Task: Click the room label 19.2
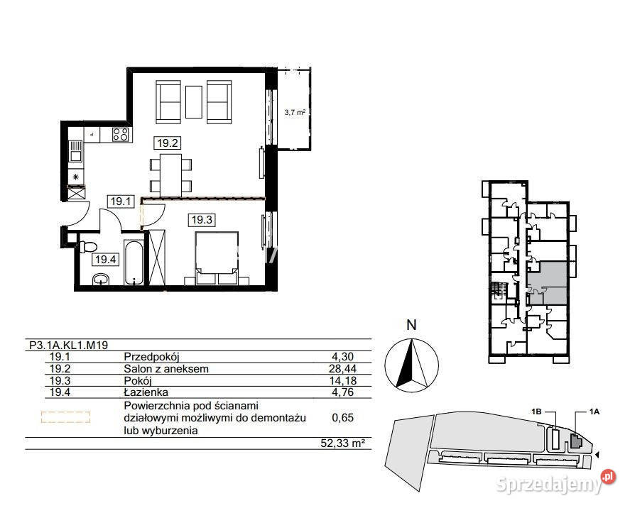(x=168, y=143)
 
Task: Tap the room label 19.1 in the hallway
(x=121, y=201)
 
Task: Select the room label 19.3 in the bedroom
(x=202, y=220)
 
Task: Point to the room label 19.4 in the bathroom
(x=106, y=260)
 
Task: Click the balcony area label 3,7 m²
(x=295, y=113)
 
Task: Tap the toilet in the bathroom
(x=88, y=245)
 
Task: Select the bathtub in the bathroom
(x=134, y=263)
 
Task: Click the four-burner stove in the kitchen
(x=121, y=134)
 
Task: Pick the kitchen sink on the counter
(x=75, y=151)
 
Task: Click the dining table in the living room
(x=170, y=173)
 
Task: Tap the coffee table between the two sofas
(x=194, y=102)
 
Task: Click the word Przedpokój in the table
(x=151, y=357)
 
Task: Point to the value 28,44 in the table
(x=342, y=369)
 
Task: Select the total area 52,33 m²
(x=343, y=443)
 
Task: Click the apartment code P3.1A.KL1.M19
(x=69, y=345)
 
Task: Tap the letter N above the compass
(x=411, y=325)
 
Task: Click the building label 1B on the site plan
(x=537, y=412)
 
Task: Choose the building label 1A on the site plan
(x=594, y=412)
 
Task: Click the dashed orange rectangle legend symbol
(x=65, y=417)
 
